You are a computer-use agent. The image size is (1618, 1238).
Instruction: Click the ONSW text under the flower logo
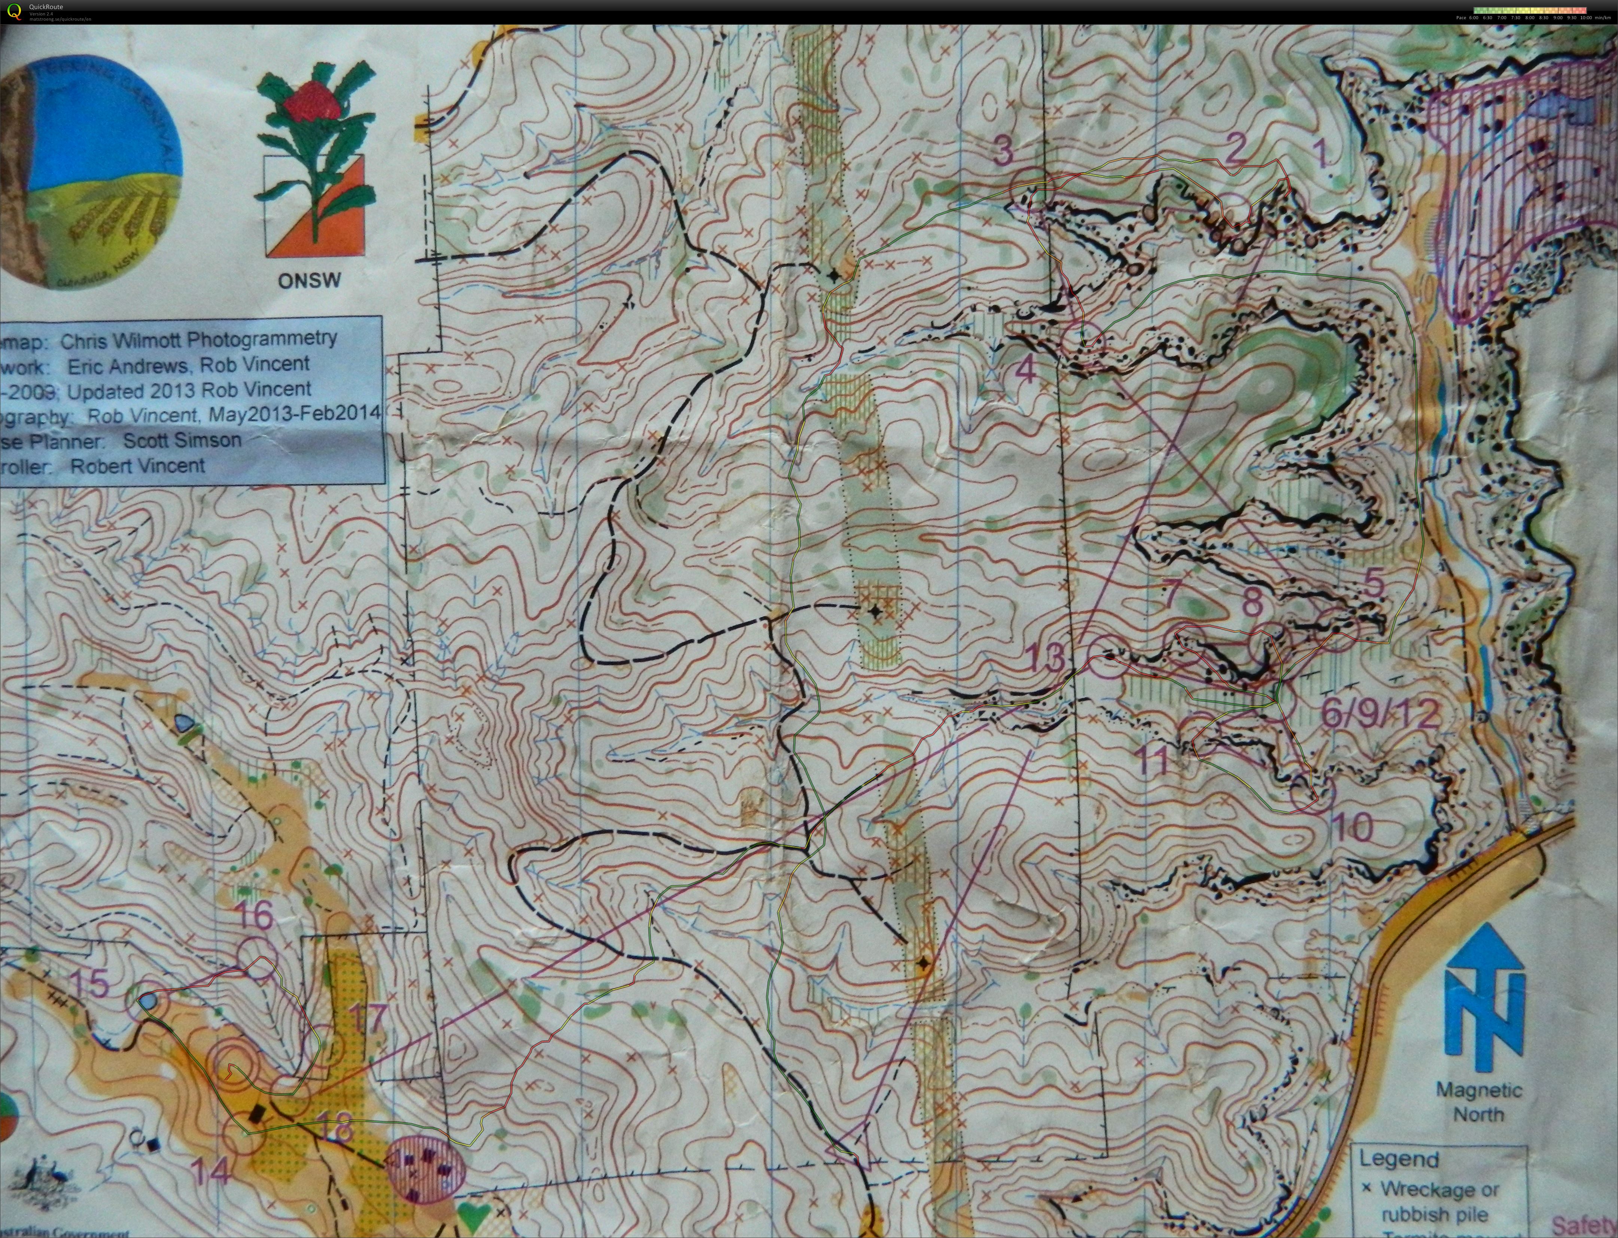[x=310, y=281]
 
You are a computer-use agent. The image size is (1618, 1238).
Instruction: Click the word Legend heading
[x=1398, y=1159]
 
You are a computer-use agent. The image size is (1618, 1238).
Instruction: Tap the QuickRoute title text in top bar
[x=46, y=7]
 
